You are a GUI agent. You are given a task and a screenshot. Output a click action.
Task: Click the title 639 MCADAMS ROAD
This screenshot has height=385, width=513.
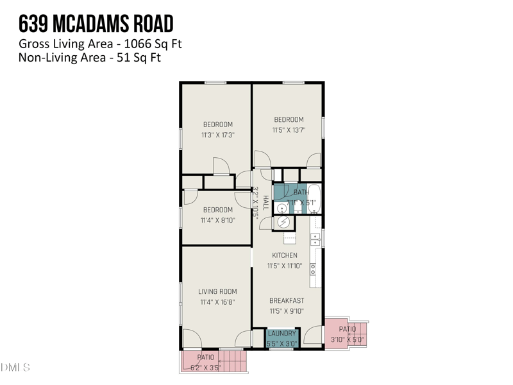(96, 24)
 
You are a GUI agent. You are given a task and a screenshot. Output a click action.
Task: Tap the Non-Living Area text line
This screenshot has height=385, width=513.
(89, 58)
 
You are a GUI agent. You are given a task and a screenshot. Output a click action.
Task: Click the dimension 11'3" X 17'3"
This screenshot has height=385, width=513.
(218, 135)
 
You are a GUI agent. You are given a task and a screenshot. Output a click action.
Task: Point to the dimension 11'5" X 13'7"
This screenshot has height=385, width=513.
(289, 130)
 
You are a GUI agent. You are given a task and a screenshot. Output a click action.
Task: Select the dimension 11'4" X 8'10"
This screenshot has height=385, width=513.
(217, 221)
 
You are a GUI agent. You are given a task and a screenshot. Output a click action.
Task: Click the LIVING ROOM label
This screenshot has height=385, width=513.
(217, 291)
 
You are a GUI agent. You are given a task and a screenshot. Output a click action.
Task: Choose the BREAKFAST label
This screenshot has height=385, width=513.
(287, 300)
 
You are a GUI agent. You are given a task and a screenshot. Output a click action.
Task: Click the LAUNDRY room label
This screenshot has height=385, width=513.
(282, 334)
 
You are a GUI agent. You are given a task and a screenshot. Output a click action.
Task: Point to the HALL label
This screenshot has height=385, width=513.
(265, 203)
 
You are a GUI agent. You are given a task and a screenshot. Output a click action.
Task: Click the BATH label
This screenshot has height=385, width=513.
(301, 193)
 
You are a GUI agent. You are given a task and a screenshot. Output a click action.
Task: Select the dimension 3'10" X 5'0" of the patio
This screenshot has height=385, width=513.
(348, 339)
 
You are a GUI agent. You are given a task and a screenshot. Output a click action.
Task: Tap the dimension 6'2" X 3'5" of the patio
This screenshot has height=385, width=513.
(206, 368)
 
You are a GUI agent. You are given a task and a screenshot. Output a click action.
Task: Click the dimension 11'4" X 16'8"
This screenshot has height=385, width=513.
(217, 302)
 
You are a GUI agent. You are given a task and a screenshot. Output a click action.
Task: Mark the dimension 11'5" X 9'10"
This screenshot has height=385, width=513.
(287, 311)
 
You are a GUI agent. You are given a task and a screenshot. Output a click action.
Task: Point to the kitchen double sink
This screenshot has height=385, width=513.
(315, 239)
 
